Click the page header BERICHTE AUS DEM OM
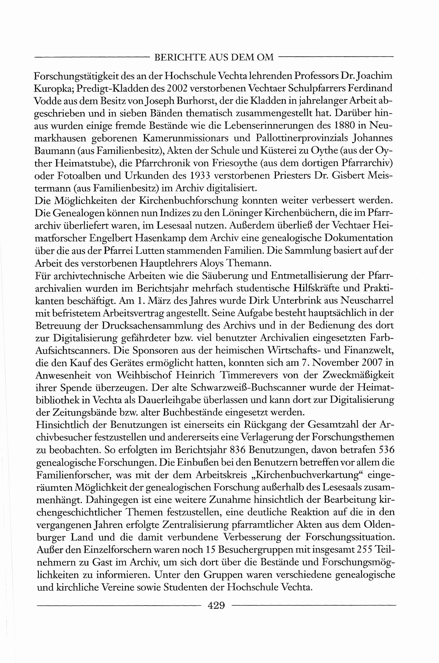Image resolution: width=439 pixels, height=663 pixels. (x=214, y=57)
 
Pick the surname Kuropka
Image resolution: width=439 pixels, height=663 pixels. (x=53, y=89)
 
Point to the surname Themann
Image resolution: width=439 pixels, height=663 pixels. (x=248, y=263)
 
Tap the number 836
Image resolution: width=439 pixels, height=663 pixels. (x=237, y=450)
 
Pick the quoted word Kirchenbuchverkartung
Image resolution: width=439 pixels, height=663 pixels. (x=308, y=475)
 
